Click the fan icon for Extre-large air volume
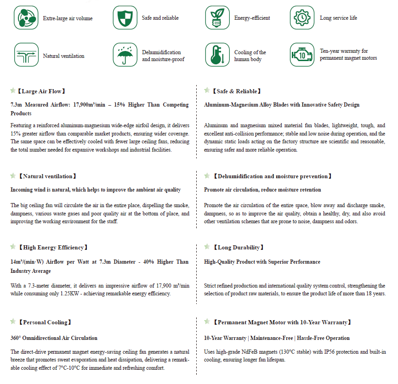point(26,18)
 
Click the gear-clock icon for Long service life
point(301,18)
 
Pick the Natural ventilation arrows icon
point(26,55)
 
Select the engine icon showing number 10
point(301,55)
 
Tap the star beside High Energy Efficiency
point(13,247)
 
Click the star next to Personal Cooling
point(13,322)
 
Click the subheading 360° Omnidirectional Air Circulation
point(54,338)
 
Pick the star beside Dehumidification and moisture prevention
point(207,175)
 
